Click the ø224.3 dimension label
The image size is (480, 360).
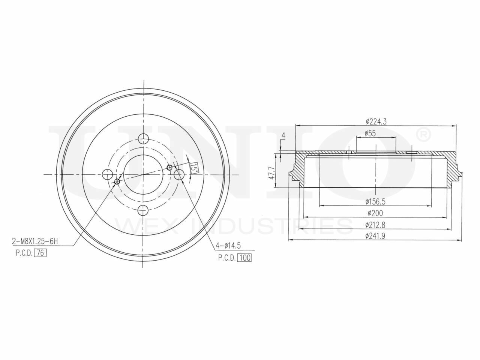[x=376, y=121]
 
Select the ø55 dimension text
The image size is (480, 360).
[x=370, y=133]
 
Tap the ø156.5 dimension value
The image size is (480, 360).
[x=375, y=201]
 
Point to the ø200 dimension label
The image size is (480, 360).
[x=375, y=213]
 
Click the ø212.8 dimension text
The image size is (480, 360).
[x=375, y=224]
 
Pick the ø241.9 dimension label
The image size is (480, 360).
[x=375, y=235]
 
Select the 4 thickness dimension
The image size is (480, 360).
[x=283, y=136]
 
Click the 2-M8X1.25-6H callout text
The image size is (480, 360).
[x=35, y=241]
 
